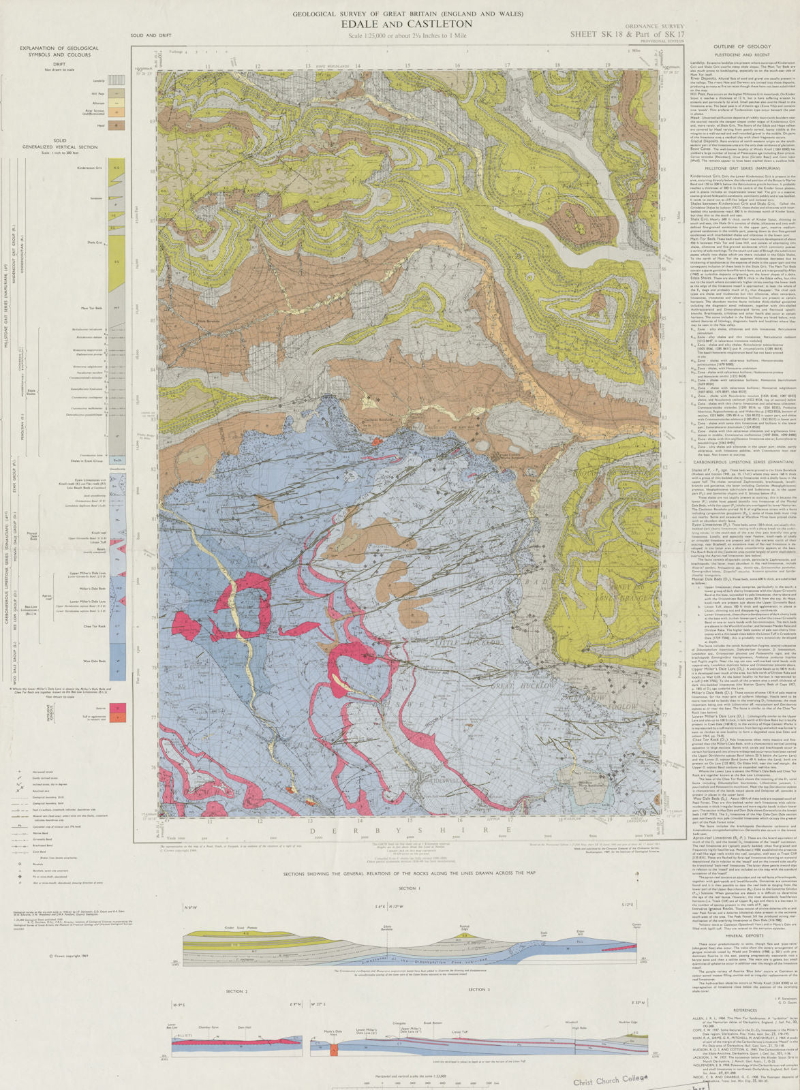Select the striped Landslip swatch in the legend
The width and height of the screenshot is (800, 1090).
point(118,80)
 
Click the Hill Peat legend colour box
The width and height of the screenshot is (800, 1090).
point(118,92)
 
